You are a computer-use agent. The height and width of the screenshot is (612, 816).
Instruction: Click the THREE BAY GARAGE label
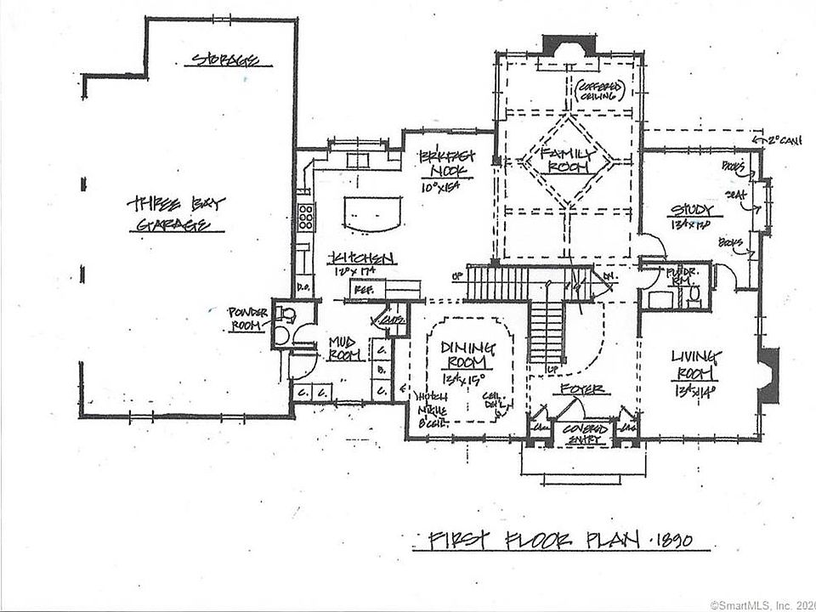tap(176, 214)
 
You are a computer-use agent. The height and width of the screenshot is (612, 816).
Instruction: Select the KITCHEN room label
tap(363, 258)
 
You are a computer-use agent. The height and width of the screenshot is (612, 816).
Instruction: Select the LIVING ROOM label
tap(695, 362)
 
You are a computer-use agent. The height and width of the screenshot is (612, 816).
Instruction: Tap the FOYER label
tap(582, 388)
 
